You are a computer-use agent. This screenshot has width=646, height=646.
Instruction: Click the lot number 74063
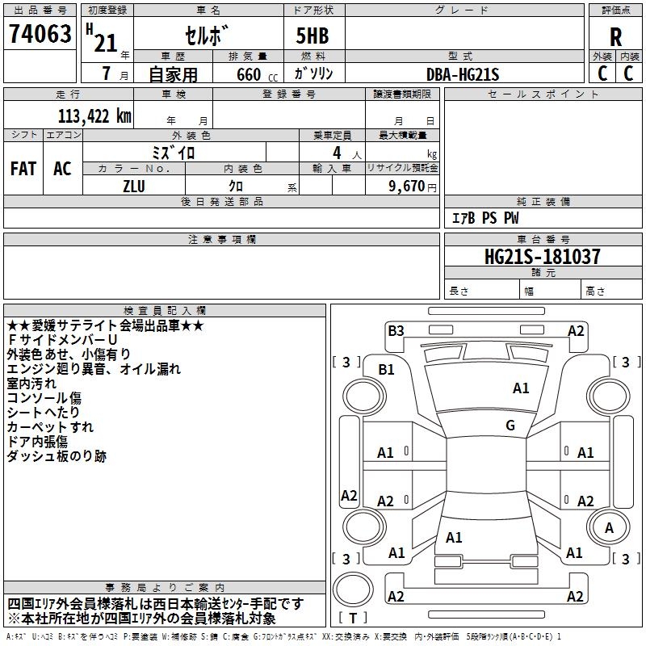click(x=40, y=35)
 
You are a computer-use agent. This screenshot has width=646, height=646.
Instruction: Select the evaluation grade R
click(x=615, y=36)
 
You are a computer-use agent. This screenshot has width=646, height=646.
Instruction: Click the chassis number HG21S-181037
click(x=542, y=257)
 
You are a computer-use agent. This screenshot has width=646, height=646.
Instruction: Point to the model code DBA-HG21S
click(x=463, y=74)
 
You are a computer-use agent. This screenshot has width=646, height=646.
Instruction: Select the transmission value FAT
click(x=23, y=169)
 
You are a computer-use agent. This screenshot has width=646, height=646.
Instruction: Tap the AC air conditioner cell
click(x=62, y=169)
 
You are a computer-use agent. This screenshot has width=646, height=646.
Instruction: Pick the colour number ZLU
click(x=134, y=186)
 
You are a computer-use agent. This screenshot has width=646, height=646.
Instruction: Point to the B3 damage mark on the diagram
click(x=396, y=330)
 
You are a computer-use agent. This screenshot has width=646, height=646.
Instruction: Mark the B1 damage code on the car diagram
click(x=387, y=370)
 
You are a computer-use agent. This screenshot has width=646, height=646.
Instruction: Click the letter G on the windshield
click(x=510, y=426)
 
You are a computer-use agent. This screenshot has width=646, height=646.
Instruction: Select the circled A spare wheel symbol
click(x=610, y=527)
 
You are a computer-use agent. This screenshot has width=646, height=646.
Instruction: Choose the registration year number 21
click(x=106, y=42)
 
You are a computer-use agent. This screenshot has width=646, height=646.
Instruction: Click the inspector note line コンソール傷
click(x=44, y=398)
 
